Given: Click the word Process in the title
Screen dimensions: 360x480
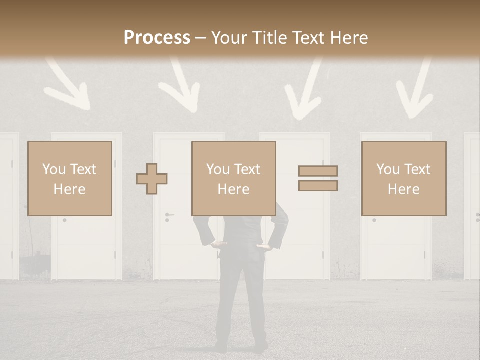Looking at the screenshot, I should (157, 38).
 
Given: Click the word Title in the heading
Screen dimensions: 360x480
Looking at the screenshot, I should (269, 38).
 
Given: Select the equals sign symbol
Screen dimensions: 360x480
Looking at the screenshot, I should (318, 178).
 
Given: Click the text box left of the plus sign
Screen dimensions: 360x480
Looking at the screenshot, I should (70, 178).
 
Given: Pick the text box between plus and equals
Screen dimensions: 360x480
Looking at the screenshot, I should (233, 178).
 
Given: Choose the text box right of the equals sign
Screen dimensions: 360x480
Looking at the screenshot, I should (404, 178).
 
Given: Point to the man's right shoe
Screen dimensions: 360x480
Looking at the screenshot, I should (260, 346).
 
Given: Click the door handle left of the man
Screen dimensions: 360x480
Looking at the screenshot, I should (169, 215).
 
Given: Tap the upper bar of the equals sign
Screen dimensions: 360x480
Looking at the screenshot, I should (318, 171).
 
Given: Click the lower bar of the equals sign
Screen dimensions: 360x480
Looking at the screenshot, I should (318, 185).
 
